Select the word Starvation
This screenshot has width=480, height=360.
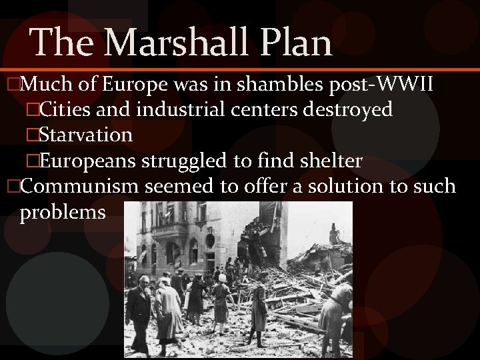pos(85,135)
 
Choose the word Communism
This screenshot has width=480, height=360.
pos(80,185)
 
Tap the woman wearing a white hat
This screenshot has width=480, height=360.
pos(221,300)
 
